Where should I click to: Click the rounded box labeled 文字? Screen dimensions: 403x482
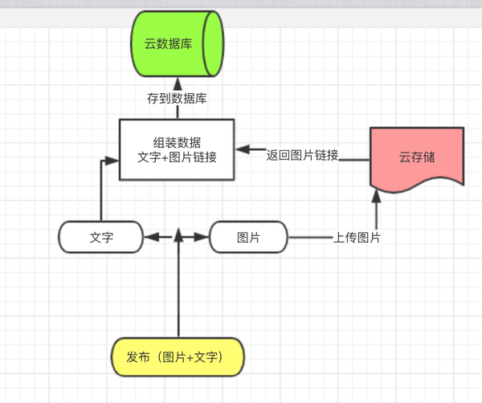point(100,238)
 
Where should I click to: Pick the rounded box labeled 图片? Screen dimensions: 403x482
point(247,238)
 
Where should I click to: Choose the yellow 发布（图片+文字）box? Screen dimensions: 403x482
point(176,356)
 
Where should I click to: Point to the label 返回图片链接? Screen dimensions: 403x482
point(302,154)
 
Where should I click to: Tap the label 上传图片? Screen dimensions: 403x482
point(357,238)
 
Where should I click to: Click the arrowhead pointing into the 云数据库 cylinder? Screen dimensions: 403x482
point(178,83)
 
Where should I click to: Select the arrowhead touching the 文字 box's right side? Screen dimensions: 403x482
point(150,238)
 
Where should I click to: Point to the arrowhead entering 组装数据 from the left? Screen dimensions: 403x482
point(113,160)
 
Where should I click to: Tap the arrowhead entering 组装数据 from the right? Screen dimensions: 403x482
point(241,149)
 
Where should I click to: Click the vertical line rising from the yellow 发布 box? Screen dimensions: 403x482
point(178,297)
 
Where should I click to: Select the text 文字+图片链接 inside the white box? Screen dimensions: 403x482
point(177,157)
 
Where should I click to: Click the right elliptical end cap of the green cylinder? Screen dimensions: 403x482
point(213,45)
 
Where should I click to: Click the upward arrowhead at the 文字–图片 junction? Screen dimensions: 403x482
point(178,234)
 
